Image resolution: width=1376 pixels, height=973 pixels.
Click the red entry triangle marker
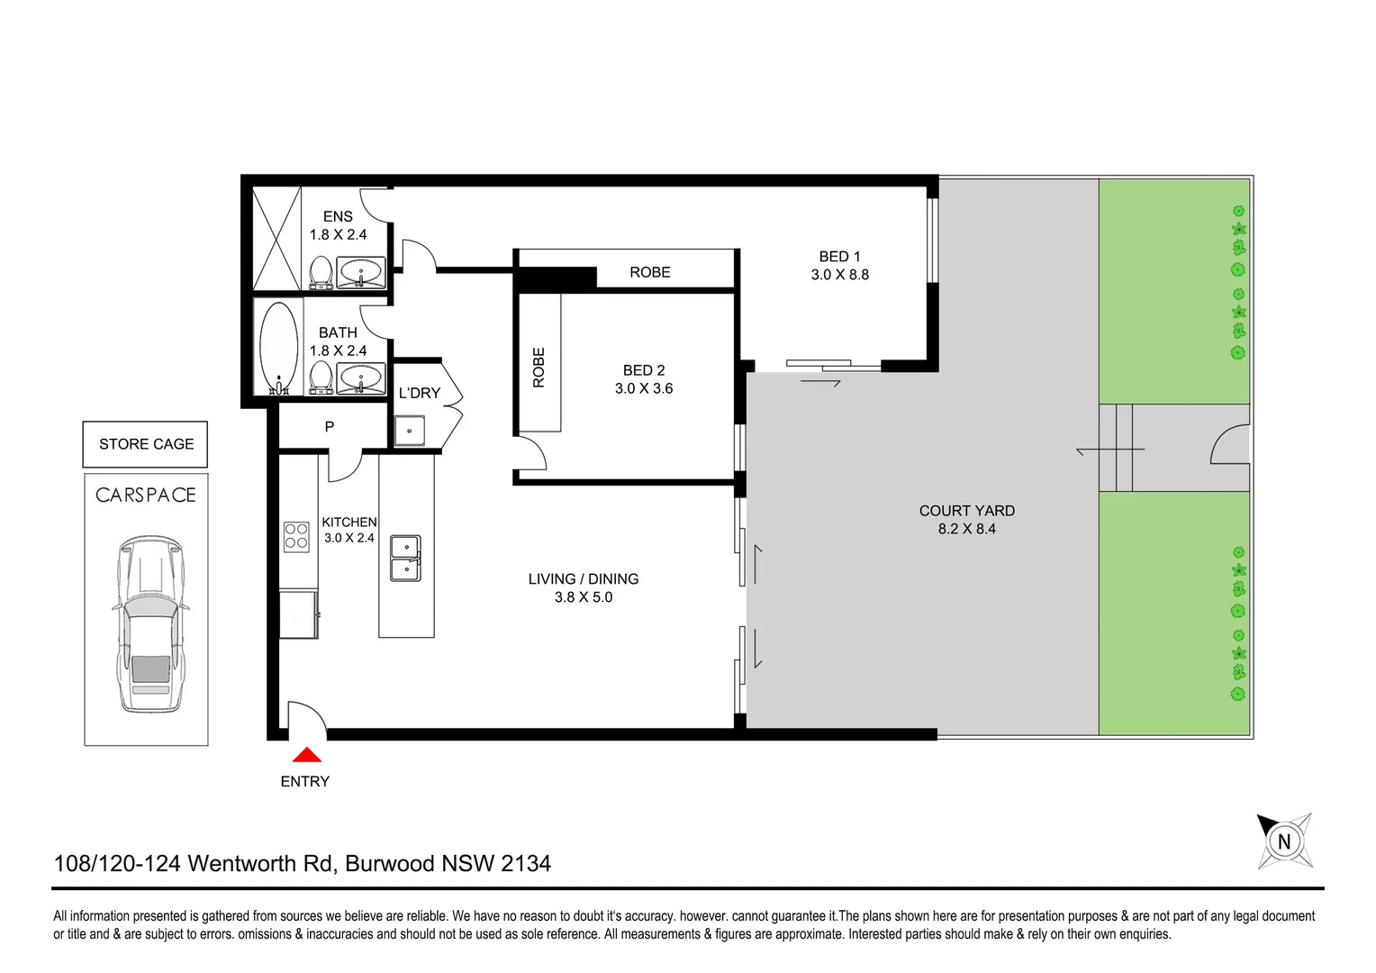(307, 755)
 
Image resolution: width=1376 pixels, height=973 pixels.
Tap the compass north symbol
(1284, 841)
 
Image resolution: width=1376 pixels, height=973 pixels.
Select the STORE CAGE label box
(146, 444)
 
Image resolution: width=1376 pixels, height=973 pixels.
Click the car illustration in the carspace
(150, 623)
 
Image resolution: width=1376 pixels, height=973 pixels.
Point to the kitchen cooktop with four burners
(296, 536)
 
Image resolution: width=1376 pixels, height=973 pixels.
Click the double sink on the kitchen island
(405, 559)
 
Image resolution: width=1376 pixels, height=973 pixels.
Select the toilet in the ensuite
(321, 272)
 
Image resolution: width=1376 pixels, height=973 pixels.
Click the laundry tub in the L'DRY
(410, 430)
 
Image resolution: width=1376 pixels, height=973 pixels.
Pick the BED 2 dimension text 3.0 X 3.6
(644, 388)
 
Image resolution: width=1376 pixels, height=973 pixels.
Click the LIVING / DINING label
(584, 579)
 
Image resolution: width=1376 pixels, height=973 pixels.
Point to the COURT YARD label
(966, 511)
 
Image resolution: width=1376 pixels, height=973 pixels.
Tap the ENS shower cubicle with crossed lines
(276, 238)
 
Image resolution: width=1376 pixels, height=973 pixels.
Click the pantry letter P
(330, 426)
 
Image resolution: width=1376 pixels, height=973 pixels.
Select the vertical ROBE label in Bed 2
(539, 368)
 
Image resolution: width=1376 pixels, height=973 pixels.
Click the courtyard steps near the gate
(1115, 448)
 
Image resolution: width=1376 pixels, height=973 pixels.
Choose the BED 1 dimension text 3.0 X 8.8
(839, 275)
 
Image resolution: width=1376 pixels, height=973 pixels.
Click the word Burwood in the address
(390, 863)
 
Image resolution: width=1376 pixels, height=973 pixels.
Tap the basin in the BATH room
(361, 378)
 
